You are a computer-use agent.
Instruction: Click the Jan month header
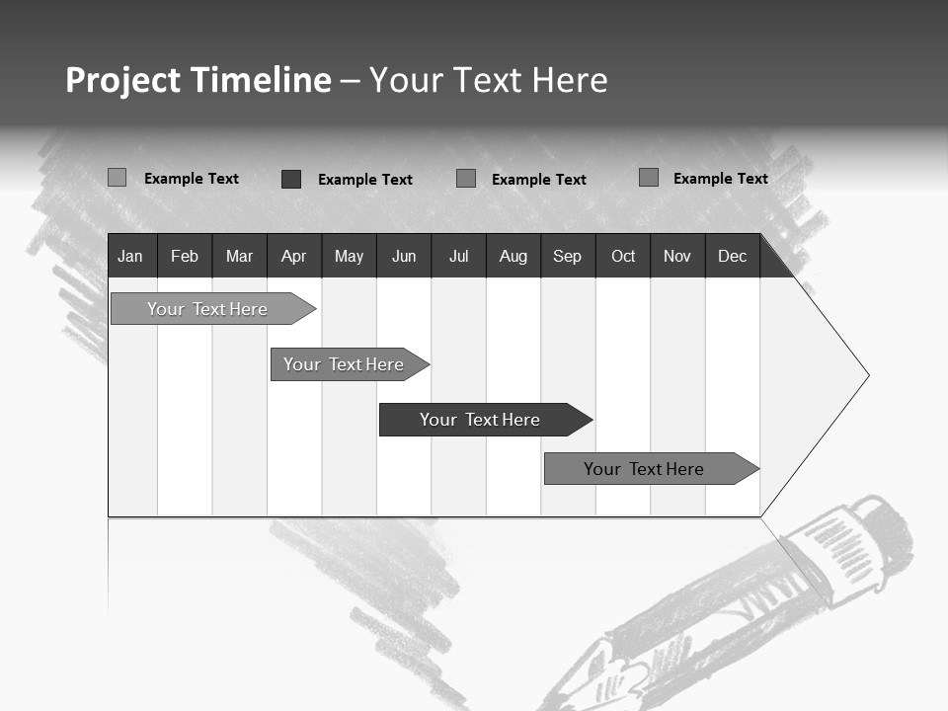(x=130, y=257)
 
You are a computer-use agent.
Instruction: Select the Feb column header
(x=185, y=257)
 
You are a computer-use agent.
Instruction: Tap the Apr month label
(x=293, y=257)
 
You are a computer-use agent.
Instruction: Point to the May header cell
(x=349, y=257)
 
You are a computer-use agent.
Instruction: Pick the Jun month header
(x=404, y=257)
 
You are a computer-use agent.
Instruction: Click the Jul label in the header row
(x=458, y=257)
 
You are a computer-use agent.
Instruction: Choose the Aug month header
(x=513, y=257)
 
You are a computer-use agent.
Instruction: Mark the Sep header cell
(x=568, y=257)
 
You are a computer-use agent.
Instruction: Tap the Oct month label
(x=623, y=257)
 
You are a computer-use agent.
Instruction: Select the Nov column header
(x=677, y=257)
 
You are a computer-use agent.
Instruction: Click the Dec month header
(x=733, y=257)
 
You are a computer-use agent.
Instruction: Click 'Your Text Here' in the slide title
(x=489, y=80)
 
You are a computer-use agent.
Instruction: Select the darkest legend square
(x=291, y=179)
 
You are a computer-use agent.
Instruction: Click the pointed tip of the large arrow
(x=867, y=375)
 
